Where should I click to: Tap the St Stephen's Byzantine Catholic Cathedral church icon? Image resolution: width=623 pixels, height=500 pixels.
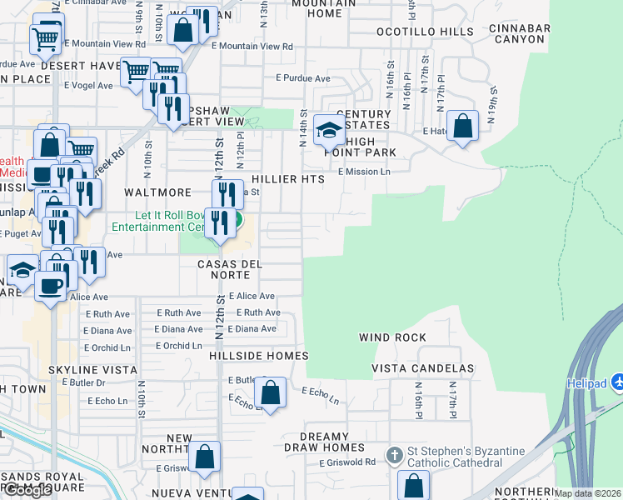click(x=396, y=455)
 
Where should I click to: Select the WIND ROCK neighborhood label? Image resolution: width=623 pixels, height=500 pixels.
click(x=392, y=337)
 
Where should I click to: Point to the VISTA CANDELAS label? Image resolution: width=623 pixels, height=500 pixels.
click(x=422, y=368)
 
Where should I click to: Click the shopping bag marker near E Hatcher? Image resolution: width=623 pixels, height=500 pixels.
click(x=463, y=127)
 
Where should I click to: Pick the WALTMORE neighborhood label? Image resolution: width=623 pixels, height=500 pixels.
click(x=152, y=192)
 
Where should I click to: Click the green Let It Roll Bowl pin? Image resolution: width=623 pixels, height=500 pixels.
click(x=237, y=221)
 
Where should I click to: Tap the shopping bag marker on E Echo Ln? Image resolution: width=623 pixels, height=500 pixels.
click(x=270, y=392)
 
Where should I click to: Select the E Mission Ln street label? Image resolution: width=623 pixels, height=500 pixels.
click(x=364, y=172)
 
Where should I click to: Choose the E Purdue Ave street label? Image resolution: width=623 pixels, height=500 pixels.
click(x=303, y=78)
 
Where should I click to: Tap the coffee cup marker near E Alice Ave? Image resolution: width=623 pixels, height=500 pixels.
click(x=50, y=287)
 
